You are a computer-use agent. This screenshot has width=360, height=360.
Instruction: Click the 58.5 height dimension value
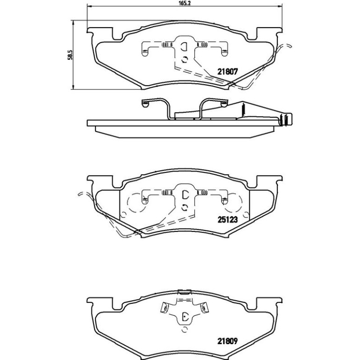pyautogui.click(x=70, y=55)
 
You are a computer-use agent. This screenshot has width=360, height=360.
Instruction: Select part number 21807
pyautogui.click(x=227, y=72)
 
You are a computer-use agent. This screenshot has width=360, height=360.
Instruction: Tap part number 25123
pyautogui.click(x=227, y=220)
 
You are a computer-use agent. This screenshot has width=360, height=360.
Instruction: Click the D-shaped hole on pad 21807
pyautogui.click(x=184, y=47)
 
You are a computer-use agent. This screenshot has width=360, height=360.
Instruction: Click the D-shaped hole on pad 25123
pyautogui.click(x=185, y=195)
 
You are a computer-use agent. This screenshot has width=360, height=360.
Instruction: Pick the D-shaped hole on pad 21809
pyautogui.click(x=185, y=317)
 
